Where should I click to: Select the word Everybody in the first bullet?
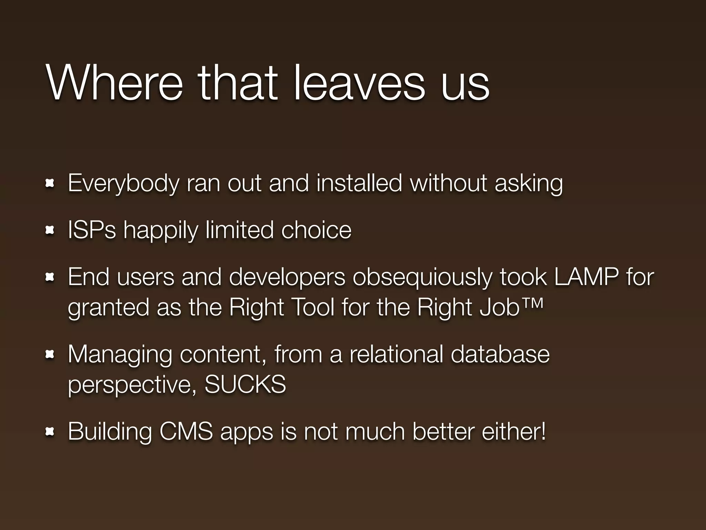123,183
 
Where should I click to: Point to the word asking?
528,183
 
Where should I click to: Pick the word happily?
161,230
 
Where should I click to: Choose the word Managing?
120,354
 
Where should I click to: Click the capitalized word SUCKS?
245,384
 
